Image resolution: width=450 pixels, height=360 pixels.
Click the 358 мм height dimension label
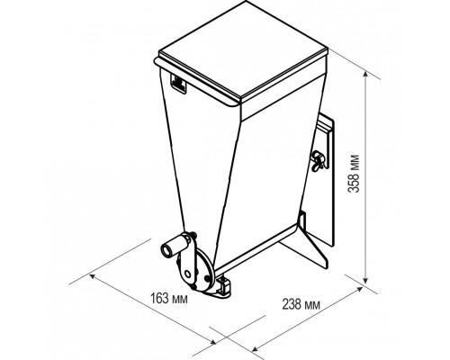coord(354,174)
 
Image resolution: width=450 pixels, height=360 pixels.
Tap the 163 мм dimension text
coord(169,299)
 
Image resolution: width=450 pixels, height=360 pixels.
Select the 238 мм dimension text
coord(301,304)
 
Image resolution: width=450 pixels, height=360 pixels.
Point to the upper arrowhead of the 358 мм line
coord(365,75)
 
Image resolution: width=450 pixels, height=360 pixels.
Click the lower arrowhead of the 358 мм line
coord(365,279)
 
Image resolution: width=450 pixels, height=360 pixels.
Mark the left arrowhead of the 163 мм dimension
coord(94,276)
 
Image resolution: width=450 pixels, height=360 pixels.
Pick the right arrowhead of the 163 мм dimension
coord(212,342)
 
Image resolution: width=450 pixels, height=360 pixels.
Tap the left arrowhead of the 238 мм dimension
coord(256,348)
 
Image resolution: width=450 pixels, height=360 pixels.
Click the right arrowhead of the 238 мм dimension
coord(359,290)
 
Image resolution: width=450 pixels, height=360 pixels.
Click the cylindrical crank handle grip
coord(173,247)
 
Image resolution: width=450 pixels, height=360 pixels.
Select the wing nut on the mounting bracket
coord(317,160)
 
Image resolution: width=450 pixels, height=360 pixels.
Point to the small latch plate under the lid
coord(178,84)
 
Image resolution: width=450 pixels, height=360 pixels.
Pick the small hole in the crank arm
coord(188,274)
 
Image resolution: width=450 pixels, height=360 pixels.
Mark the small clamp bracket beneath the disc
coord(224,286)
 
